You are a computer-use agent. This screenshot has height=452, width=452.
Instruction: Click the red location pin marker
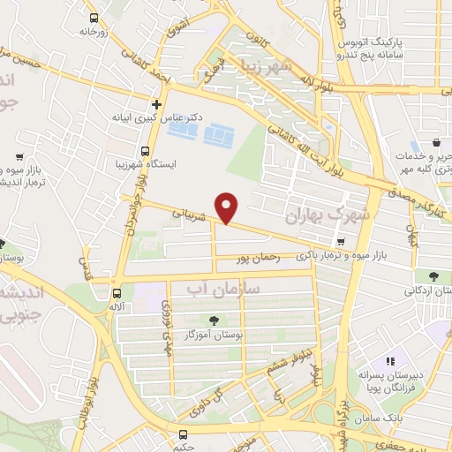[x=229, y=207]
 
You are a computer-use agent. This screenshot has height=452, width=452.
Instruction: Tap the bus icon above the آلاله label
[x=117, y=293]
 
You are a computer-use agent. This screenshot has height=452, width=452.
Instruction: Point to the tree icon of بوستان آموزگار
[x=213, y=320]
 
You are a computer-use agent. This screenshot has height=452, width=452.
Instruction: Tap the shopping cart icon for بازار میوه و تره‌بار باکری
[x=341, y=242]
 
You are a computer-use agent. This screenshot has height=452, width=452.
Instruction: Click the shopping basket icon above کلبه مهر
[x=439, y=143]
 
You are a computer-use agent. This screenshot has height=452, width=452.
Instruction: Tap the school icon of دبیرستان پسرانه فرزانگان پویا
[x=389, y=362]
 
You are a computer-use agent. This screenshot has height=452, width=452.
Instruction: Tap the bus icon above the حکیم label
[x=183, y=434]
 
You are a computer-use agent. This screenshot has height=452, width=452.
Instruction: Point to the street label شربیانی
[x=193, y=214]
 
